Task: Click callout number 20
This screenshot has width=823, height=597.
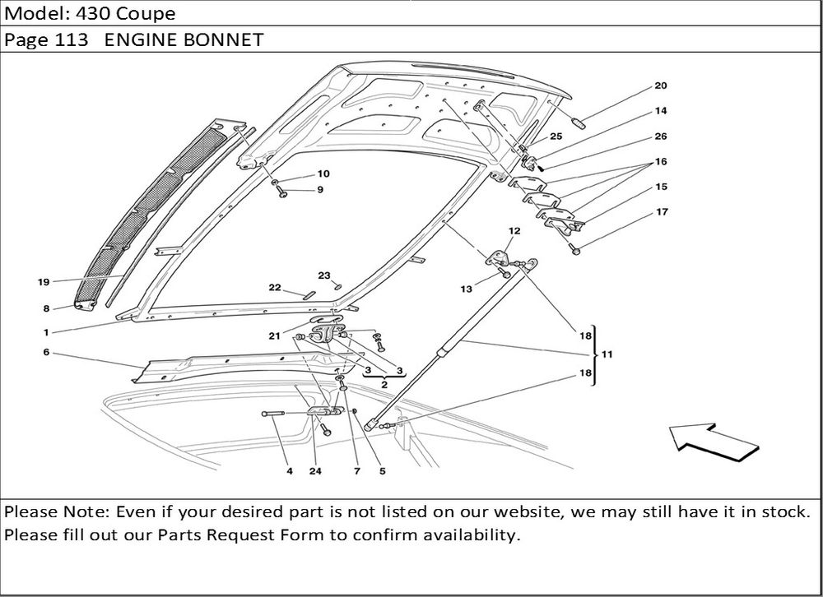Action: click(661, 86)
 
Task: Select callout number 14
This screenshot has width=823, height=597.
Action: click(661, 111)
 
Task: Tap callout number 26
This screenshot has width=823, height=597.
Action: click(661, 137)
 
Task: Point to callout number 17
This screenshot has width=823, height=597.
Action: click(662, 213)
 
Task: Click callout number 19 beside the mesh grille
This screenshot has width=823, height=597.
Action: click(44, 282)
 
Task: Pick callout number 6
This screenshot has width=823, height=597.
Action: click(46, 352)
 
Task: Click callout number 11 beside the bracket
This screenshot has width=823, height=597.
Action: click(607, 354)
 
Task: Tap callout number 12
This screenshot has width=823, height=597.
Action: click(514, 231)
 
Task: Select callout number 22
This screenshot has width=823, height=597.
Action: click(275, 288)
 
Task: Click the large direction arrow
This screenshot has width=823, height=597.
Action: click(711, 443)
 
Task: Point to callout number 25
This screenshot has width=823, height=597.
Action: click(556, 137)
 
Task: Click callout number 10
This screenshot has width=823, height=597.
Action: click(323, 174)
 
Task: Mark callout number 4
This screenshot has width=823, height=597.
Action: click(290, 472)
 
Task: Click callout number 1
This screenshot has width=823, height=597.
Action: click(46, 333)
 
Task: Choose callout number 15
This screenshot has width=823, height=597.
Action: click(661, 187)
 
